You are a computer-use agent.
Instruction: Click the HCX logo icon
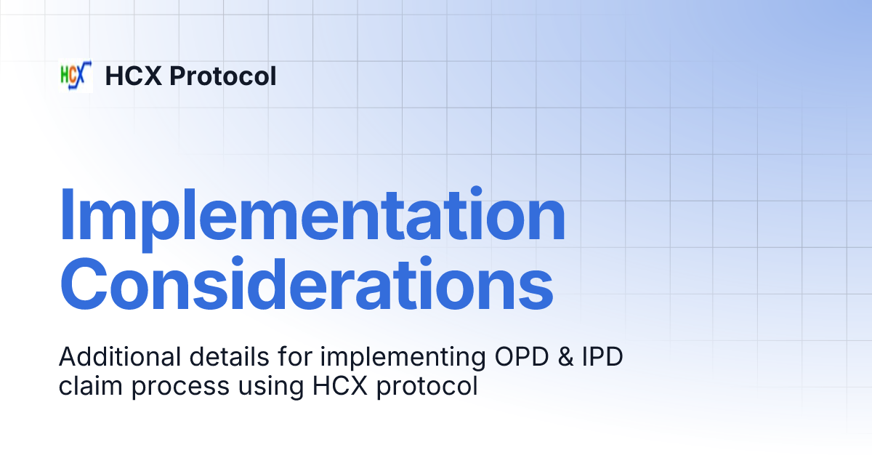point(75,76)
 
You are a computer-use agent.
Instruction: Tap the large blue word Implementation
point(312,216)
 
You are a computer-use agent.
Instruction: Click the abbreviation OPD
point(480,358)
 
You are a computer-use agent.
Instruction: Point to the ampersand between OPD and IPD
point(530,358)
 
